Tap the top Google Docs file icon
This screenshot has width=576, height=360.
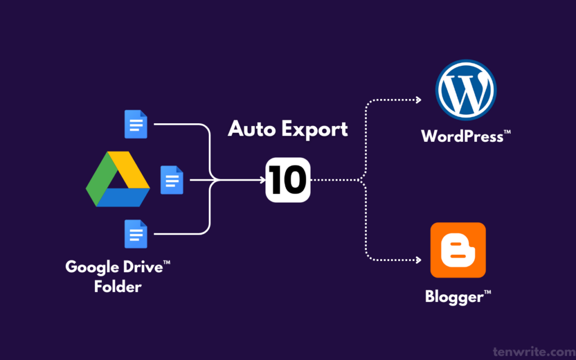(x=136, y=124)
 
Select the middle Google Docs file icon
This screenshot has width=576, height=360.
(x=172, y=179)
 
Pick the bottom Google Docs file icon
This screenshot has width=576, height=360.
(x=136, y=234)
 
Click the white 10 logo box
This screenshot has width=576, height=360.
(x=287, y=181)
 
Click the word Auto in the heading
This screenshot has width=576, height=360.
(x=251, y=129)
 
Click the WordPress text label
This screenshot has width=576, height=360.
(x=462, y=137)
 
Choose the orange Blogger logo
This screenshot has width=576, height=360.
(x=458, y=250)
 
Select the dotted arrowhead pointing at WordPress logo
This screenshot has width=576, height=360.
(x=418, y=100)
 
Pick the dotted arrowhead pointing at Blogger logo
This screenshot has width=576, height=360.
(x=418, y=260)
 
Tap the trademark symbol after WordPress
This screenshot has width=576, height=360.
(x=507, y=132)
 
